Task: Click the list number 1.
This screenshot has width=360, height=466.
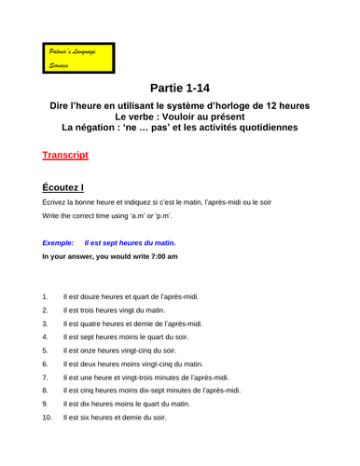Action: click(46, 296)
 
